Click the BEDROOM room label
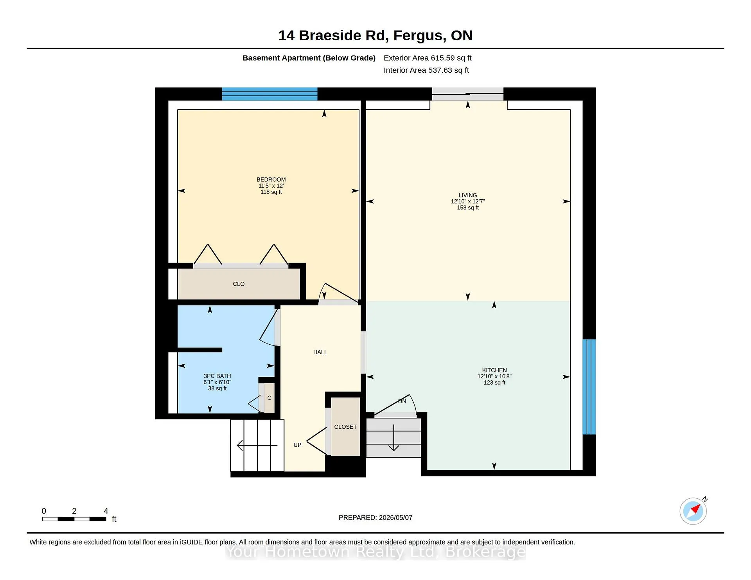pyautogui.click(x=271, y=180)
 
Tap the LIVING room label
pyautogui.click(x=468, y=195)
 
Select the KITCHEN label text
pyautogui.click(x=494, y=370)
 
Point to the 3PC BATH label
pyautogui.click(x=217, y=376)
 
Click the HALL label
pyautogui.click(x=320, y=352)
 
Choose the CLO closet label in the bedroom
pyautogui.click(x=239, y=284)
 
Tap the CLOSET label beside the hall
pyautogui.click(x=345, y=427)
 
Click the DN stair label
pyautogui.click(x=402, y=401)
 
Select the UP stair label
pyautogui.click(x=297, y=445)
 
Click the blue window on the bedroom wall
pyautogui.click(x=270, y=94)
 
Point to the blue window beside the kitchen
pyautogui.click(x=589, y=387)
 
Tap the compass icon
pyautogui.click(x=694, y=511)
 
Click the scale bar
pyautogui.click(x=74, y=519)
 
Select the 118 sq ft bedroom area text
pyautogui.click(x=271, y=192)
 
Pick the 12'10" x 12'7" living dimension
pyautogui.click(x=468, y=202)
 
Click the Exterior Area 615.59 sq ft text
pyautogui.click(x=428, y=58)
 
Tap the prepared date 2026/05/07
pyautogui.click(x=395, y=517)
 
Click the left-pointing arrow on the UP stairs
pyautogui.click(x=257, y=445)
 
